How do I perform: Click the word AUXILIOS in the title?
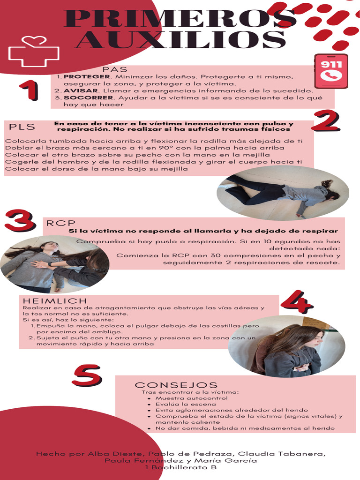point(181,40)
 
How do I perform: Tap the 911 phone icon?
point(331,71)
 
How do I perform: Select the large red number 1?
point(29,90)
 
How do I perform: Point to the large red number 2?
point(325,120)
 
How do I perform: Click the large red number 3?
point(19,220)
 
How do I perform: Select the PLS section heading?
point(22,127)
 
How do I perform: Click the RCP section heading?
point(60,223)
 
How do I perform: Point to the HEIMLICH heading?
point(55,300)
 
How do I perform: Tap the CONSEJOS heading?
point(176,385)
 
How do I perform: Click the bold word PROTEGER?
point(87,76)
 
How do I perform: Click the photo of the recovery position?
point(283,193)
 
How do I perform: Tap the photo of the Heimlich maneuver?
point(286,346)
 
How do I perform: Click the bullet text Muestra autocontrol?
point(185,398)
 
